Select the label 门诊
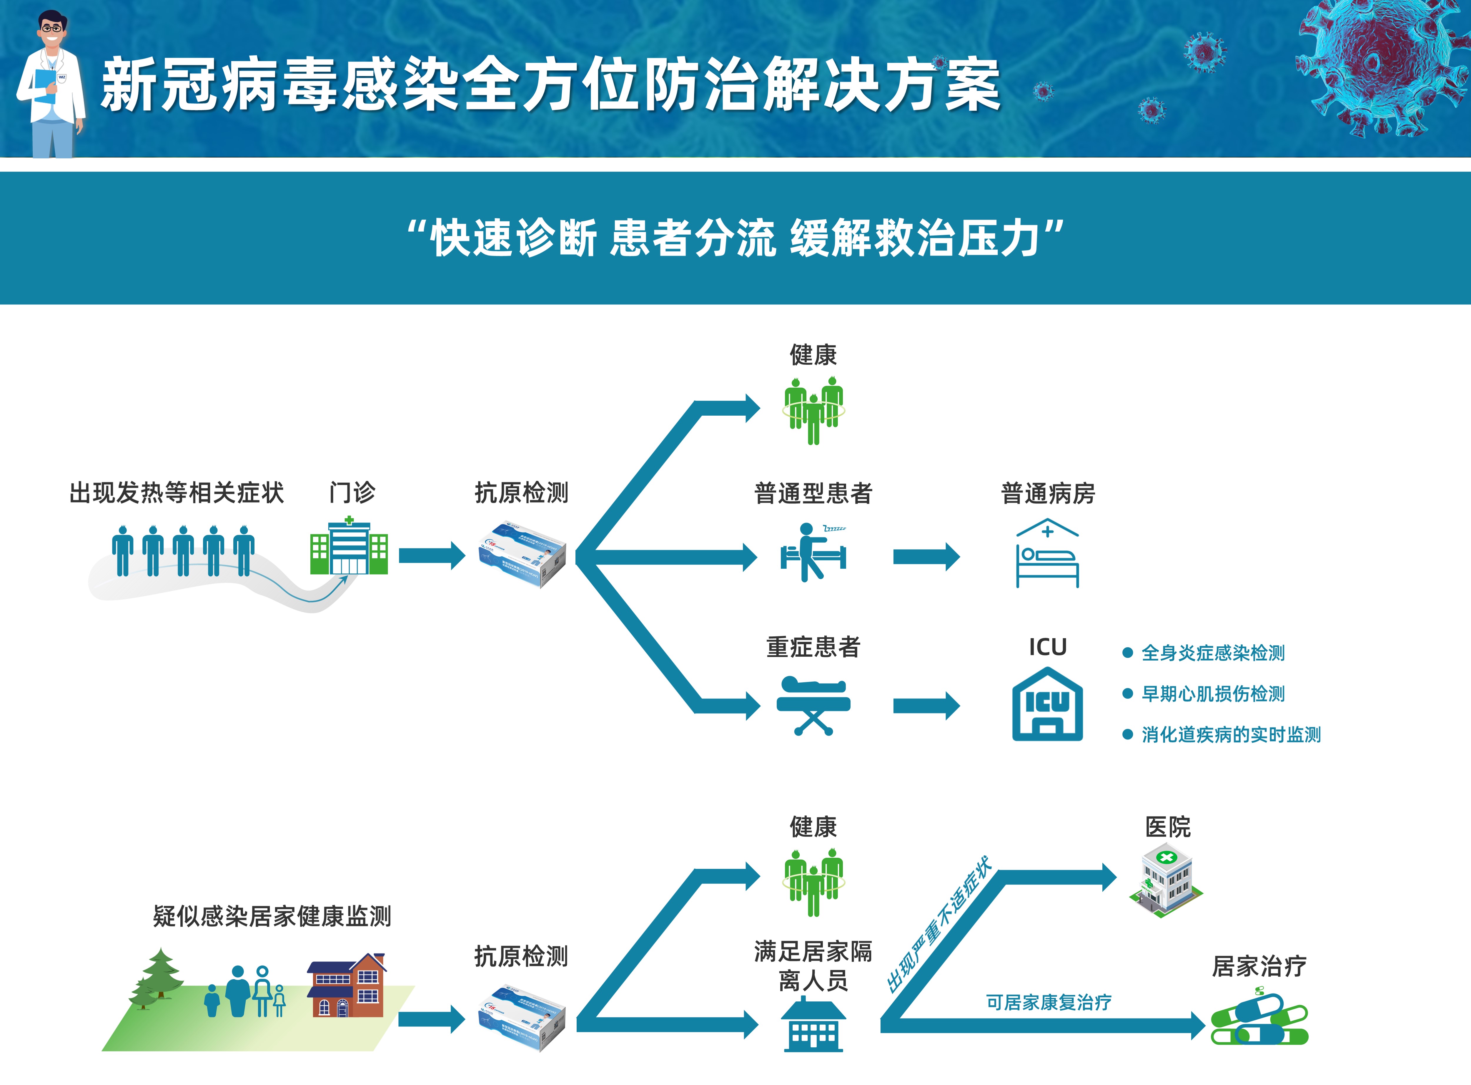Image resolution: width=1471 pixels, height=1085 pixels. [x=352, y=492]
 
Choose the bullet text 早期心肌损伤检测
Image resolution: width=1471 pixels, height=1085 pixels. [x=1213, y=694]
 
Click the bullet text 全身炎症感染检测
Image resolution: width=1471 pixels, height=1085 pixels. [x=1213, y=653]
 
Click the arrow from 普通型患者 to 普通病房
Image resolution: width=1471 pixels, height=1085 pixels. [x=926, y=557]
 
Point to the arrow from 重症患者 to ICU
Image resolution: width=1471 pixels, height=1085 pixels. [x=926, y=706]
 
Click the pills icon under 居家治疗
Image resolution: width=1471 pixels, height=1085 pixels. [x=1259, y=1020]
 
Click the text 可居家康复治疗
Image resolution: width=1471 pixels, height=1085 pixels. [x=1048, y=1002]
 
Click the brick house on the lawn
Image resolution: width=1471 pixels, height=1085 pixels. [x=347, y=985]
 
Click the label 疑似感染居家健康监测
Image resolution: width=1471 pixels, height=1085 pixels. [x=272, y=916]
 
